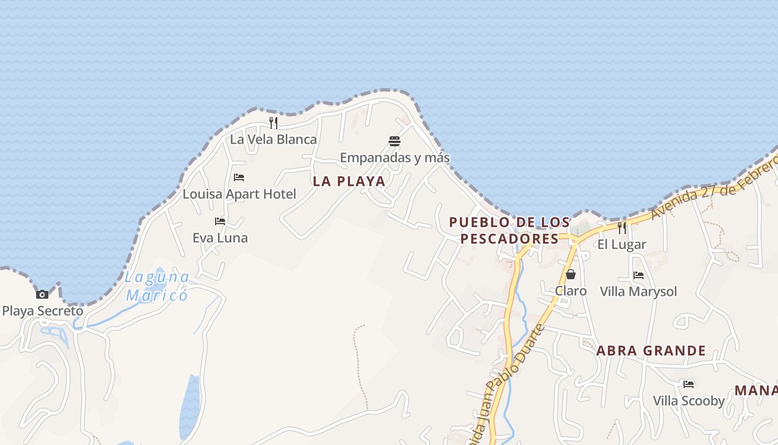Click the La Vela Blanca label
point(273,139)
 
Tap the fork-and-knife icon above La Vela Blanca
point(273,123)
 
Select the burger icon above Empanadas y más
point(395,141)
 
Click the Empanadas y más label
point(395,158)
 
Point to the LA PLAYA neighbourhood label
point(349,181)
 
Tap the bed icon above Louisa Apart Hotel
point(239,177)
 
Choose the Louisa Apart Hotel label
point(240,194)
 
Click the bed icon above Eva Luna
point(220,221)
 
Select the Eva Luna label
point(220,238)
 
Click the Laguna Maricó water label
point(157,285)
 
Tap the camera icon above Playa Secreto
point(42,294)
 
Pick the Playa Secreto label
point(43,311)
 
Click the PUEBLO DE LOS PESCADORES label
point(510,230)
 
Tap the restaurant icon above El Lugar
point(622,228)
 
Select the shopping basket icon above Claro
point(571,274)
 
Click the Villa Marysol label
point(639,291)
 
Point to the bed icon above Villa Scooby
point(689,384)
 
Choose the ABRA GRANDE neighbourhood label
point(651,351)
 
